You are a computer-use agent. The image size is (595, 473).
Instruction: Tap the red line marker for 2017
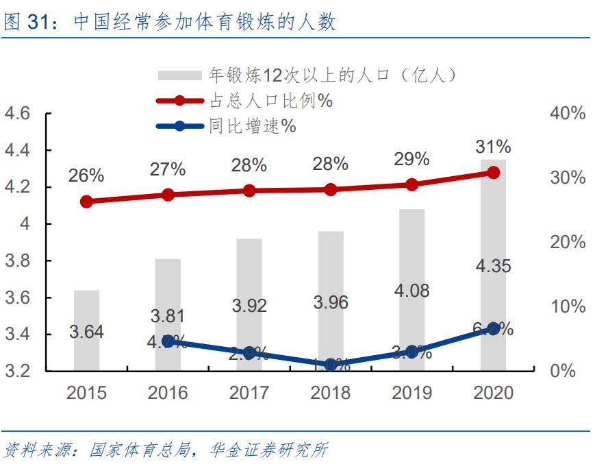249,191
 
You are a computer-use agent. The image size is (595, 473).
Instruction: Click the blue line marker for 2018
331,365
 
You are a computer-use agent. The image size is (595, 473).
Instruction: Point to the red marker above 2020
493,173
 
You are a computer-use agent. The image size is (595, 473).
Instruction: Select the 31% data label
493,147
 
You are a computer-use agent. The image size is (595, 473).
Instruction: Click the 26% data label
86,175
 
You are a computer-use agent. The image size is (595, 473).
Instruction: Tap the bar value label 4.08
412,291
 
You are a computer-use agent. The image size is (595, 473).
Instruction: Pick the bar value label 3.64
86,332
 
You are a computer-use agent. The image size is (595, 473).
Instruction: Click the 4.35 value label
493,266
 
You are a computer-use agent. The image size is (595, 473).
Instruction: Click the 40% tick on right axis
568,114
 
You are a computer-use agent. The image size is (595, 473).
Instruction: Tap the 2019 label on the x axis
412,393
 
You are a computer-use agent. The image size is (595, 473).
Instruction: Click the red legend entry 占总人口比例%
270,101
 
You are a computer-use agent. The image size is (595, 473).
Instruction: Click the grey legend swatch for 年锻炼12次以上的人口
180,75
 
